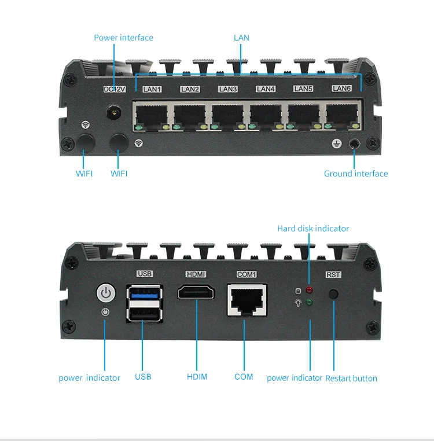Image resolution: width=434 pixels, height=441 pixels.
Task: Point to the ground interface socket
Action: coord(354,144)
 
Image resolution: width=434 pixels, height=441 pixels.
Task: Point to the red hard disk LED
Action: coord(310,289)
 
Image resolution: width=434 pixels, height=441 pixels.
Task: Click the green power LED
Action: coord(310,302)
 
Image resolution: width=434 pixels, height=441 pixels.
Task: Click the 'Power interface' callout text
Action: coord(123,38)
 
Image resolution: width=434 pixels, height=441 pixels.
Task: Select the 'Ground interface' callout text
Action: coord(355,174)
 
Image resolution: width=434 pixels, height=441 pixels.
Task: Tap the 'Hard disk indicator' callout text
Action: coord(313,229)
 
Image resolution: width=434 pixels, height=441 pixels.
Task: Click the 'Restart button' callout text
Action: coord(351,378)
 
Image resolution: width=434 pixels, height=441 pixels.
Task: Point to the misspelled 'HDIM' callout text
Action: coord(197,377)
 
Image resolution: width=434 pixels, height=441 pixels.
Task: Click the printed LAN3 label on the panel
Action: coord(227,89)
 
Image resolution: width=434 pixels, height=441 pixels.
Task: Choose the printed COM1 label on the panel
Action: coord(247,274)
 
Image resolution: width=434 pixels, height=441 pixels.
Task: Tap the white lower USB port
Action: coord(144,313)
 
